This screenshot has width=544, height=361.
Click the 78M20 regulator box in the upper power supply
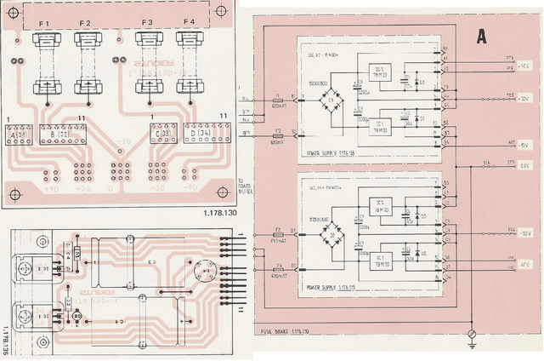pyautogui.click(x=375, y=74)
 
